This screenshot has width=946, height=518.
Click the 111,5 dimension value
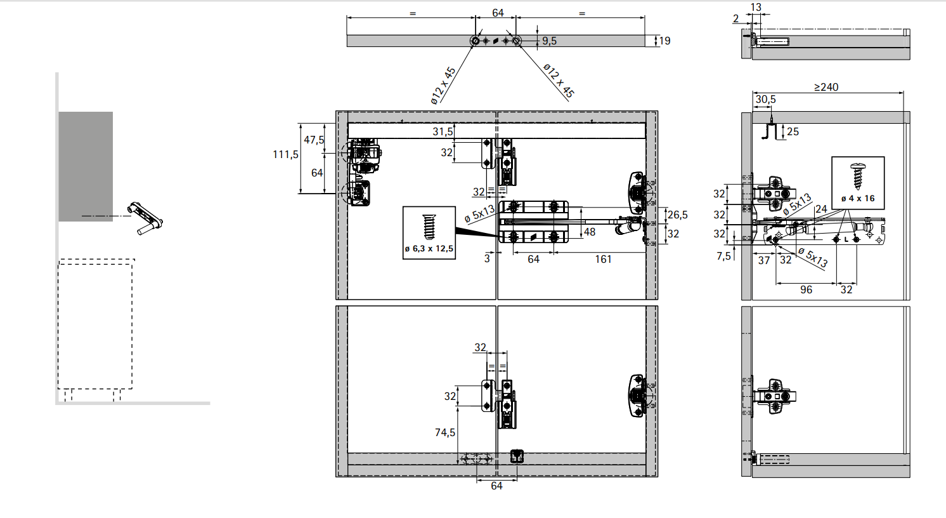tap(285, 154)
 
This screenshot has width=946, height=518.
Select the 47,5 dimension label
tap(314, 140)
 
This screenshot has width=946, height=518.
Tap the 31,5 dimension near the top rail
tap(443, 131)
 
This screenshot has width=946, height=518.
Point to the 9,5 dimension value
tap(550, 41)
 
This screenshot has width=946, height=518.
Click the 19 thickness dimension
tap(664, 41)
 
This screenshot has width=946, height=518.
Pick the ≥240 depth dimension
tap(826, 87)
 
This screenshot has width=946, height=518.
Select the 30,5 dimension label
tap(766, 100)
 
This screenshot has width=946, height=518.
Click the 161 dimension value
tap(603, 259)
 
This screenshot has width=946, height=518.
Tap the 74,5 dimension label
tap(445, 432)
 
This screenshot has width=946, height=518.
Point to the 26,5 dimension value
tap(677, 215)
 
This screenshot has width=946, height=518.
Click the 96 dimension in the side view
tap(807, 289)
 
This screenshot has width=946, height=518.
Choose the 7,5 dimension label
tap(723, 256)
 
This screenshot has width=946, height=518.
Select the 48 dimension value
tap(590, 232)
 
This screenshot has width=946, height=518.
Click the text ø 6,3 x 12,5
tap(429, 249)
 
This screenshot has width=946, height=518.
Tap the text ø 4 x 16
tap(858, 198)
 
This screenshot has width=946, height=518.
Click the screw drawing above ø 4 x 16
tap(857, 176)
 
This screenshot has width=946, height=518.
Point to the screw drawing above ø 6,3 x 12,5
tap(429, 227)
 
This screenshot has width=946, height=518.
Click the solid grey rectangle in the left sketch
tap(86, 166)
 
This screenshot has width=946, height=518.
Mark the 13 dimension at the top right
tap(756, 7)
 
